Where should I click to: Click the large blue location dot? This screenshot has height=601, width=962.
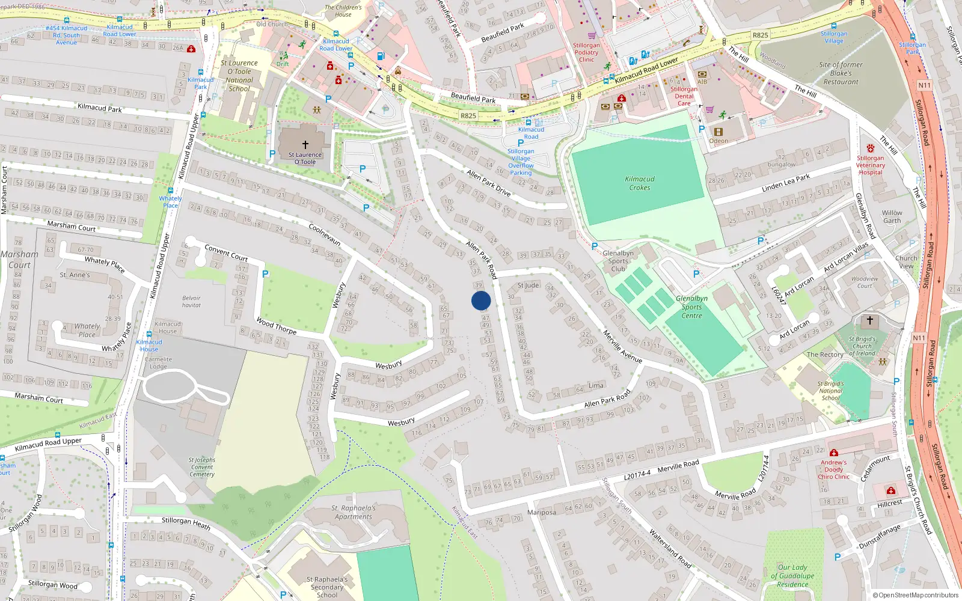click(x=481, y=300)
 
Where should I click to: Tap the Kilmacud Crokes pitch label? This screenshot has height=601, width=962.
click(x=640, y=183)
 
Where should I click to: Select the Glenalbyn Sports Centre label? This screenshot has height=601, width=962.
click(x=691, y=307)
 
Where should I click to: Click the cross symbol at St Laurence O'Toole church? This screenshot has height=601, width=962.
click(x=305, y=145)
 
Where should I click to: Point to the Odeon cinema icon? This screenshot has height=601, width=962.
click(x=718, y=132)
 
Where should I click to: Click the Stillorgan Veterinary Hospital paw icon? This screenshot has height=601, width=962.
click(x=870, y=148)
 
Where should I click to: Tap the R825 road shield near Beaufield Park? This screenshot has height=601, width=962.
click(x=468, y=115)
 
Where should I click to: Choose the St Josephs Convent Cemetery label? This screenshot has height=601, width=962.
click(x=203, y=467)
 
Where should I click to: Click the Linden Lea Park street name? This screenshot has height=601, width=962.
click(x=785, y=183)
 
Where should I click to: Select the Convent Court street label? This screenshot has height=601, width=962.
click(x=226, y=252)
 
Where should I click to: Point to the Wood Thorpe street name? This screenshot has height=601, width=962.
click(x=277, y=326)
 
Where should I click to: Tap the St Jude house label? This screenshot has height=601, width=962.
click(x=528, y=285)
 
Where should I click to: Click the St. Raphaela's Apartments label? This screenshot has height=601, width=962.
click(x=354, y=512)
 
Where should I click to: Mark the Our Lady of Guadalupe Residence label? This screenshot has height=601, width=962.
click(x=792, y=576)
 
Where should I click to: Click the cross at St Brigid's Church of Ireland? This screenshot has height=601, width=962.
click(x=869, y=320)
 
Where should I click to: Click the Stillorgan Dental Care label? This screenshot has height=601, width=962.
click(x=684, y=96)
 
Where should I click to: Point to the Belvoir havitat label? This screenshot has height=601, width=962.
click(x=191, y=302)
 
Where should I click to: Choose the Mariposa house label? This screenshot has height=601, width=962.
click(x=541, y=513)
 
